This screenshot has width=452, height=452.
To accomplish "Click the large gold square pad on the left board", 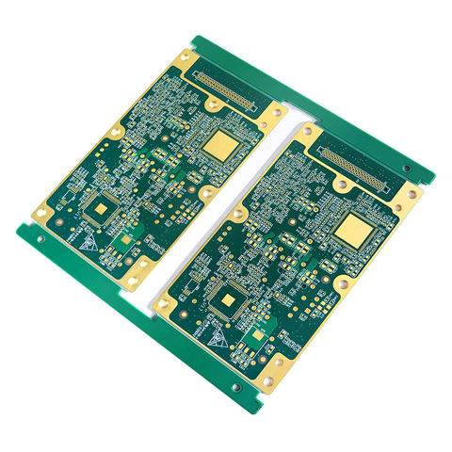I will (x=223, y=143).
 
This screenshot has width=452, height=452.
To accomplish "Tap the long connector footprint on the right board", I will (x=355, y=168).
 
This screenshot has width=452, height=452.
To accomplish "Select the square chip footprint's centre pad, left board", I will (x=98, y=208).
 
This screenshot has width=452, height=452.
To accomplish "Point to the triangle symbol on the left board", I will (x=88, y=241).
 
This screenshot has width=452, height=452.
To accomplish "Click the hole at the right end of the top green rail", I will (x=407, y=169).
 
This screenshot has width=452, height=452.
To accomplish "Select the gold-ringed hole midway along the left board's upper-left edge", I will (x=116, y=133).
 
